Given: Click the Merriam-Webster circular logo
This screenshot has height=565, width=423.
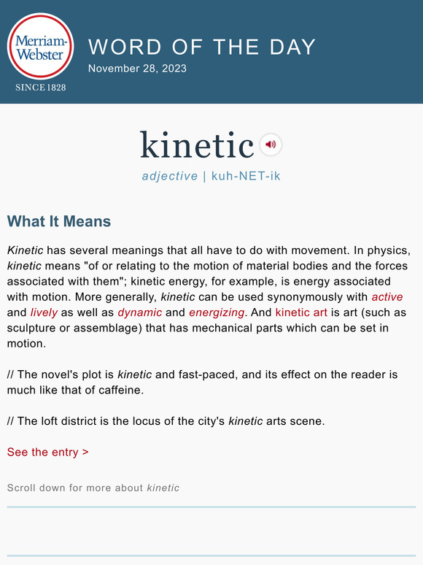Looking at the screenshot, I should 40,46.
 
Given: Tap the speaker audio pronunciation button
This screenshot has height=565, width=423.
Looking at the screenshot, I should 271,145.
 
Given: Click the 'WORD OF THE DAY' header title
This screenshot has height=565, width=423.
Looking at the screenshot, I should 202,47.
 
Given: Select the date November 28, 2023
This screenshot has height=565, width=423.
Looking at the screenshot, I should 137,69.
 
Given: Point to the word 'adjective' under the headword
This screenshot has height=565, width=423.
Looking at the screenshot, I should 170,176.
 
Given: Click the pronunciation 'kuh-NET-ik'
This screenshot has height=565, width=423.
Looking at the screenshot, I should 246,176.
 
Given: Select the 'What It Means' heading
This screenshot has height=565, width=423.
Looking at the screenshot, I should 59,221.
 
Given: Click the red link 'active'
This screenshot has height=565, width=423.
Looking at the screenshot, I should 387,297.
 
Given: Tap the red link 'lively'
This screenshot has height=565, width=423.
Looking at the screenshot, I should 44,312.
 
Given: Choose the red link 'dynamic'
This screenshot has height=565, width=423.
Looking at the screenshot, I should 139,312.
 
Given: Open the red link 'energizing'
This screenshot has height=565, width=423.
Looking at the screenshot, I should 217,312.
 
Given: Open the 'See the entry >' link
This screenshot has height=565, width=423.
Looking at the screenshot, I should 48,452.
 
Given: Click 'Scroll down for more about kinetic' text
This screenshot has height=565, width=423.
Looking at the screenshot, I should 93,488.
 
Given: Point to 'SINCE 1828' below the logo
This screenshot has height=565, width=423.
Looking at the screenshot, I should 40,88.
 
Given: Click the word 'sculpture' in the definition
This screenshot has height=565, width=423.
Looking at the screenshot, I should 31,328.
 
